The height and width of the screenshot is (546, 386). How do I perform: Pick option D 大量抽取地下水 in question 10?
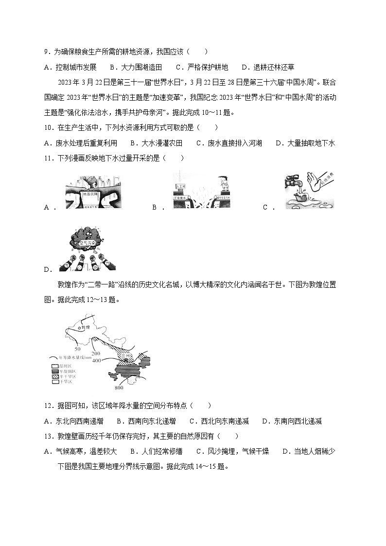(x=310, y=143)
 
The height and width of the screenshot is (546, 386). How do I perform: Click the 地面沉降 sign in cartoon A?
(x=91, y=193)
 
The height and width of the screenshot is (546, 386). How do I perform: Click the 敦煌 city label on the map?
(x=86, y=328)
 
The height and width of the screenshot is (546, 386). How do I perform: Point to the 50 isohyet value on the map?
(x=77, y=349)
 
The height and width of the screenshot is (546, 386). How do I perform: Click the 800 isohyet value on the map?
(x=119, y=387)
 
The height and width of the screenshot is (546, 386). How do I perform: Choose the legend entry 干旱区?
(x=63, y=382)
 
